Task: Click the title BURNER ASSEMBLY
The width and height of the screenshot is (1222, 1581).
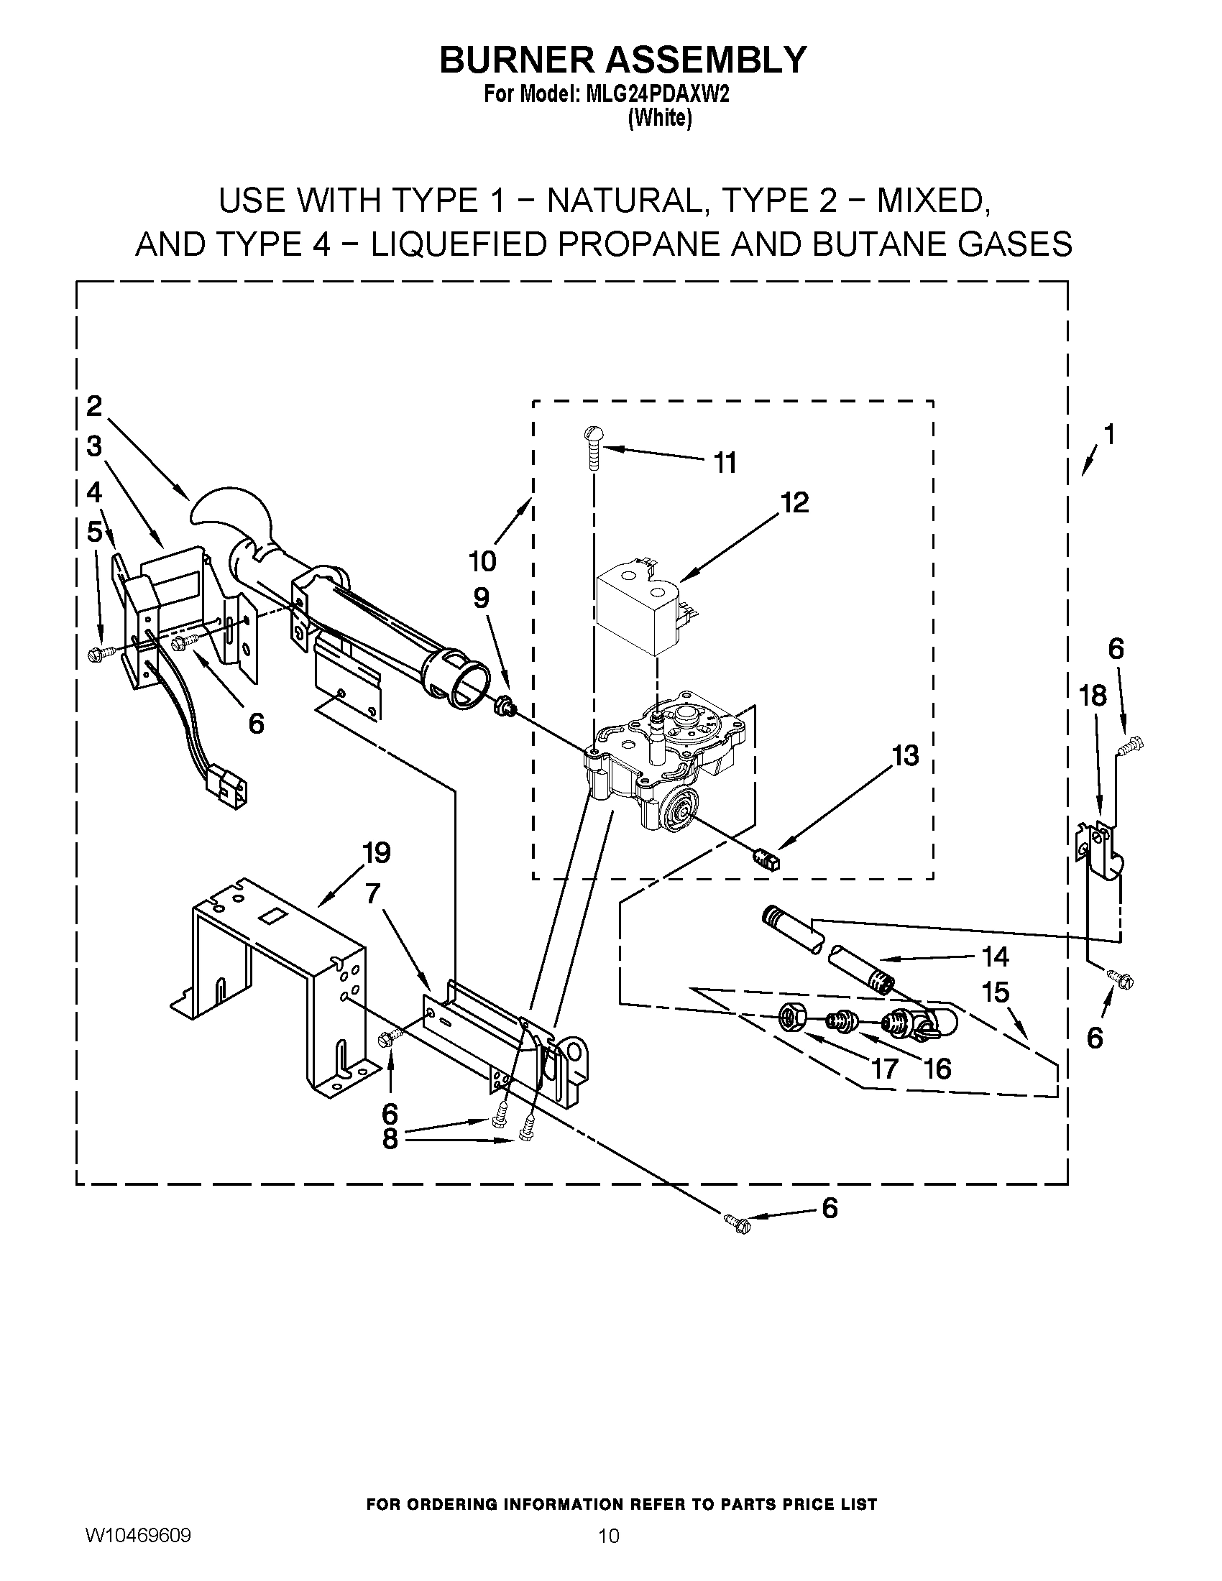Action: point(623,60)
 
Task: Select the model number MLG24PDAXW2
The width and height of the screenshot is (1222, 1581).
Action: point(656,96)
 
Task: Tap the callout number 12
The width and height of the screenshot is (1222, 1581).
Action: point(794,502)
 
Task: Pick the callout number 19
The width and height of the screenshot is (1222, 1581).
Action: point(376,853)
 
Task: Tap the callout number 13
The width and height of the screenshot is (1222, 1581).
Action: point(906,755)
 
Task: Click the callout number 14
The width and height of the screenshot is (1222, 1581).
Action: point(996,957)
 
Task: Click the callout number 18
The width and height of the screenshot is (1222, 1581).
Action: point(1093,696)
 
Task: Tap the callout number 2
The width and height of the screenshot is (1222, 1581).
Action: point(94,406)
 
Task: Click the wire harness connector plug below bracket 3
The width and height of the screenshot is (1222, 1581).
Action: point(226,784)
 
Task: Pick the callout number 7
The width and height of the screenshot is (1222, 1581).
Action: point(372,894)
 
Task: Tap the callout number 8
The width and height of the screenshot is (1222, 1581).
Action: point(390,1139)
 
